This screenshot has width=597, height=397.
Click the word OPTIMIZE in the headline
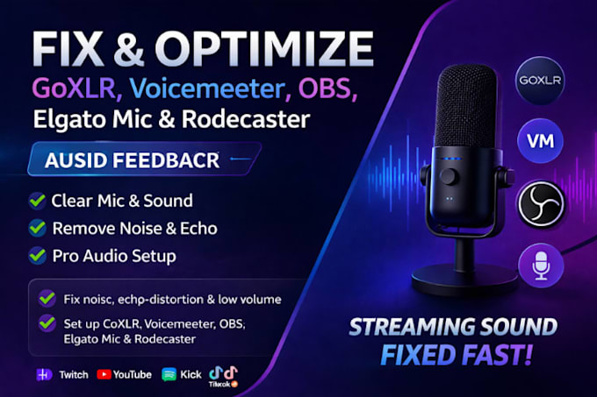(264, 49)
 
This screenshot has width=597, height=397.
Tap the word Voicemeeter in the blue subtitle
(207, 89)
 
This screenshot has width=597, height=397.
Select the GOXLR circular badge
(540, 80)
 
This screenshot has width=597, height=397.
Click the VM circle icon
(540, 141)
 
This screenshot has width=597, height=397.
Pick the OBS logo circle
(541, 203)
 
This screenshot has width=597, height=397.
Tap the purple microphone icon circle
(541, 266)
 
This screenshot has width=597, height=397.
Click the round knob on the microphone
(450, 177)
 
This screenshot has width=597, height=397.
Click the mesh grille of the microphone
(466, 106)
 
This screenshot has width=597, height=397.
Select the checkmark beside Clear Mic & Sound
(37, 201)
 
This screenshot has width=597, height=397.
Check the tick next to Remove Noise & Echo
(37, 228)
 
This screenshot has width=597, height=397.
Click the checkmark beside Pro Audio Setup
(37, 256)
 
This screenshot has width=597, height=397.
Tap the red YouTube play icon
(104, 374)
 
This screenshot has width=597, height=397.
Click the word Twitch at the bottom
(74, 375)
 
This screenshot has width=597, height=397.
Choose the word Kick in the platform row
(191, 374)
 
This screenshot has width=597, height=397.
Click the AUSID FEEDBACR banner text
(132, 160)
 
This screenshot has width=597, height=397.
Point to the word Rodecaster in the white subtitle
(246, 119)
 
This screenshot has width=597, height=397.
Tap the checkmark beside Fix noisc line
(47, 299)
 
